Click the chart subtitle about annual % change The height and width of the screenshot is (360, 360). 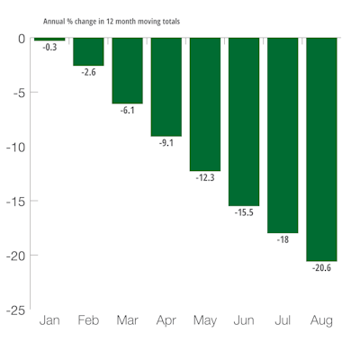click(111, 20)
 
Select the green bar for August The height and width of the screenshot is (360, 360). click(321, 148)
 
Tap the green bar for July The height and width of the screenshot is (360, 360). click(283, 135)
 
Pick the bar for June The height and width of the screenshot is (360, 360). click(244, 121)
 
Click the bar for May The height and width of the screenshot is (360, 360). click(205, 104)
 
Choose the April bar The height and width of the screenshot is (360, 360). click(166, 87)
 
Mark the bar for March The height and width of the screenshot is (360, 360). click(127, 71)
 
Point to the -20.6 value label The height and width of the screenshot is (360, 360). click(321, 268)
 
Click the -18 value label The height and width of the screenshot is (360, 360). click(283, 240)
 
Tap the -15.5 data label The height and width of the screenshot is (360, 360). click(244, 212)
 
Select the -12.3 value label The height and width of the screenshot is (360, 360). click(205, 178)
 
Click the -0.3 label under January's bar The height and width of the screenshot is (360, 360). click(49, 48)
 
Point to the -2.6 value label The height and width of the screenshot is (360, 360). click(88, 73)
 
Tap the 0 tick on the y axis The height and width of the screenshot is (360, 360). click(21, 39)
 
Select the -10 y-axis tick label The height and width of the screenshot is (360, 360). click(13, 148)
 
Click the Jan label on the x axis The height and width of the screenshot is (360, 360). click(49, 321)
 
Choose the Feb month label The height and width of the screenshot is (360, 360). click(88, 321)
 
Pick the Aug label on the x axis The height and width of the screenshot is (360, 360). click(321, 321)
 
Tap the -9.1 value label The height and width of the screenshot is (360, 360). click(166, 143)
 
